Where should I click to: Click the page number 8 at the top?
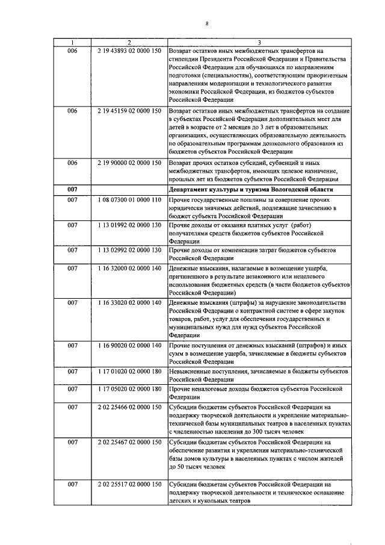tap(206, 24)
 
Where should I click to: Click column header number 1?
tap(72, 42)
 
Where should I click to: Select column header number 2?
tap(129, 42)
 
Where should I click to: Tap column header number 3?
tap(259, 42)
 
